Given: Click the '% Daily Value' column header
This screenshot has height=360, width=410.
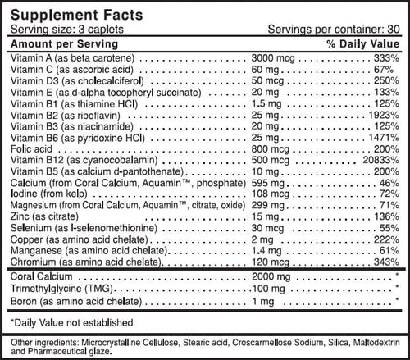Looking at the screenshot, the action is click(x=363, y=42).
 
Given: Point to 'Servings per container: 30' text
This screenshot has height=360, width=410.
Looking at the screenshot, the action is click(x=335, y=28).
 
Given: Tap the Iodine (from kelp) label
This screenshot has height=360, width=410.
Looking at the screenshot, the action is click(x=41, y=197).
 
